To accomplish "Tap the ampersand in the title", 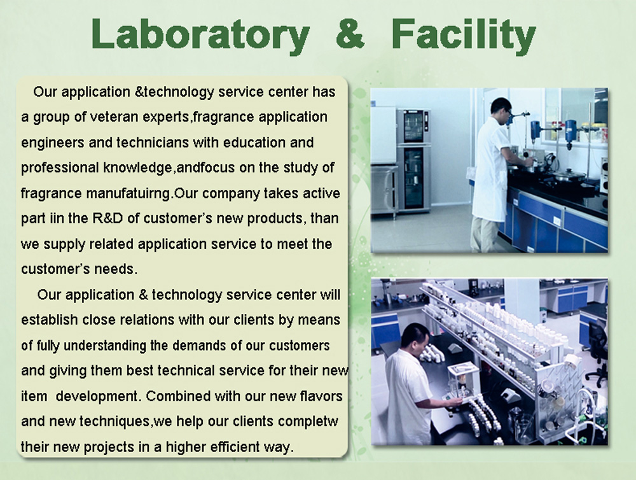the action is click(x=350, y=34).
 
